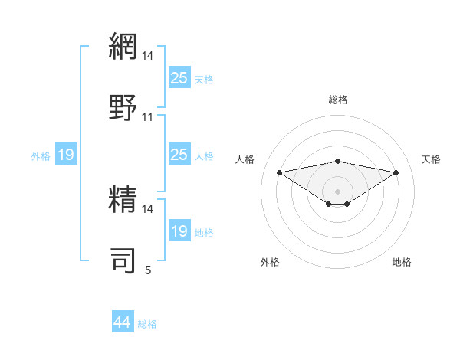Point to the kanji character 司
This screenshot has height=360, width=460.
123,260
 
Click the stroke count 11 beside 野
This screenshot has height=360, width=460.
147,117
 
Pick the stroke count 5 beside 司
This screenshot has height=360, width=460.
148,270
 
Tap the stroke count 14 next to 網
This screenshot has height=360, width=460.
147,56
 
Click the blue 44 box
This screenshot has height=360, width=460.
122,322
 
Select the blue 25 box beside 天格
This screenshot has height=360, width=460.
179,77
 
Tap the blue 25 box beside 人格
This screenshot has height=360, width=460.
179,155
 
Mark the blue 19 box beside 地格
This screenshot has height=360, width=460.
179,231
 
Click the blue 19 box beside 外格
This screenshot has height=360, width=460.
66,155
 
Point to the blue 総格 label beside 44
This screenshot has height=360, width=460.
147,324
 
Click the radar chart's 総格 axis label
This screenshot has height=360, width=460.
337,100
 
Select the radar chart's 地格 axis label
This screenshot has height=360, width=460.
402,262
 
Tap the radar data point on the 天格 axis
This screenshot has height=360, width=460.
396,172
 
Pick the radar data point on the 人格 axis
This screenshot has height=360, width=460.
279,172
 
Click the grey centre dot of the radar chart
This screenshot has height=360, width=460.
337,191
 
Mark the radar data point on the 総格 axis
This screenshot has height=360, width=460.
337,161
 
